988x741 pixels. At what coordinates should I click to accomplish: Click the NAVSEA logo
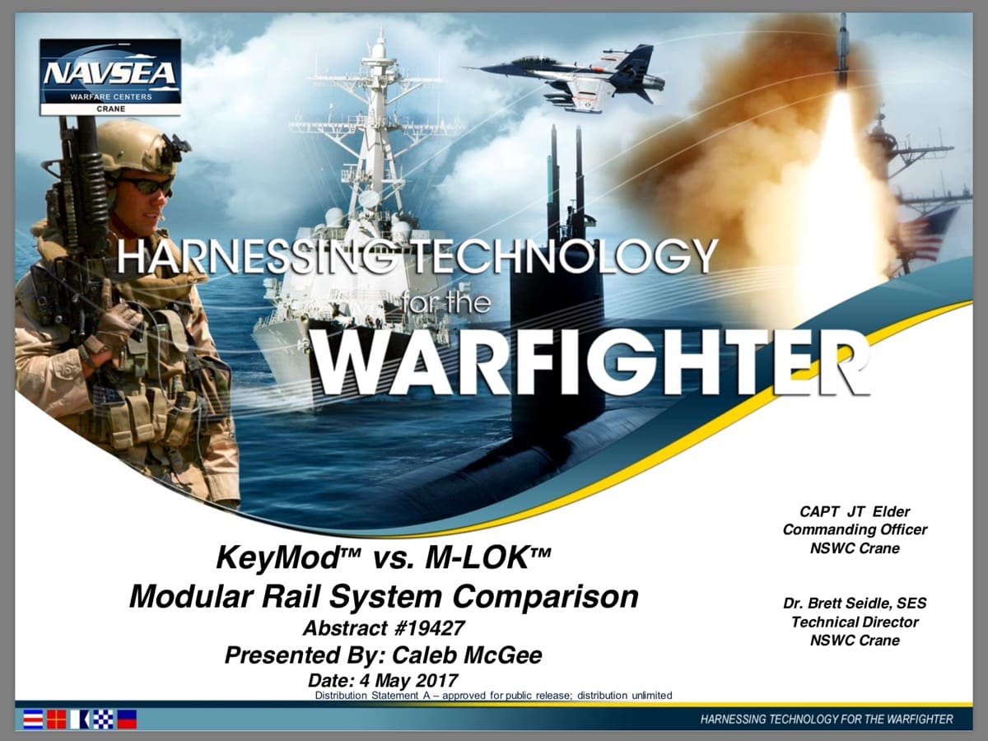click(110, 77)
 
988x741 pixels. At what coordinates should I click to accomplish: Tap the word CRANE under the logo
click(110, 109)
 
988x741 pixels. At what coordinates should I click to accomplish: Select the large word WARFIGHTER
click(592, 363)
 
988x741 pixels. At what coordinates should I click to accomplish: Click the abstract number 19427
click(430, 628)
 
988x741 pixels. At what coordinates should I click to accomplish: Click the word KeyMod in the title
click(277, 558)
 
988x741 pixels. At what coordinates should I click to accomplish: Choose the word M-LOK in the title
click(477, 558)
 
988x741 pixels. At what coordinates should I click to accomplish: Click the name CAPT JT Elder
click(855, 511)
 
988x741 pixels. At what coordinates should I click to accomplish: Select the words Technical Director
click(855, 622)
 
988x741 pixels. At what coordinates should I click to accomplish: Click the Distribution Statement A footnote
click(494, 695)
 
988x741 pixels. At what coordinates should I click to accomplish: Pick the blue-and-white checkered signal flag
click(103, 719)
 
